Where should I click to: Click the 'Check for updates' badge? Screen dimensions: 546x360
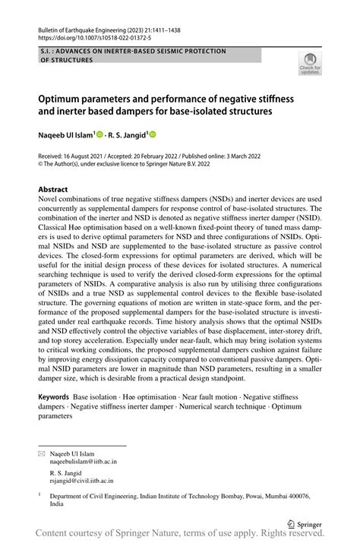(x=310, y=64)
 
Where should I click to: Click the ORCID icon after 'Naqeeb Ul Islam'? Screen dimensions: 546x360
(x=99, y=134)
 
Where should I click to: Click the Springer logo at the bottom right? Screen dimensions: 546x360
(x=304, y=522)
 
